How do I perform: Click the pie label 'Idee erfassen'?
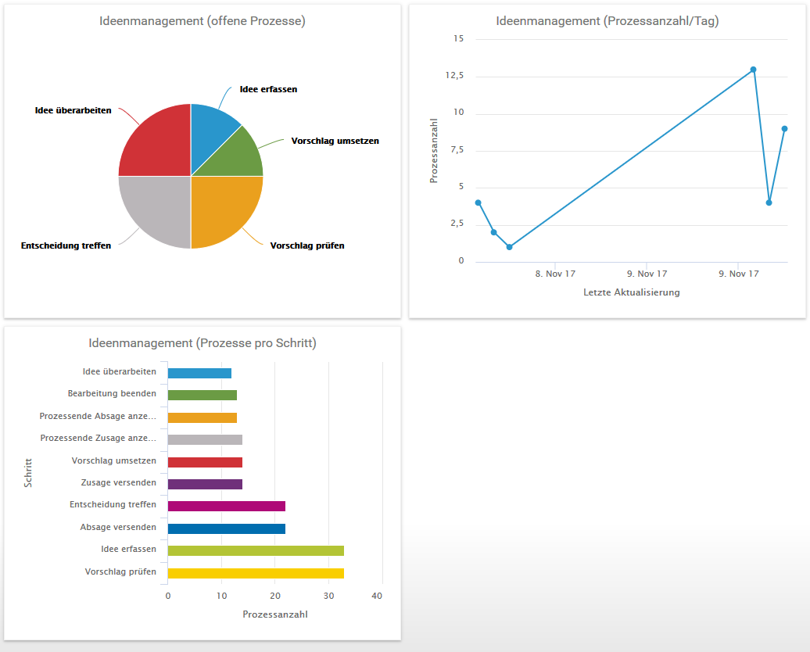268,89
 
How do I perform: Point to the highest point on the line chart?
753,70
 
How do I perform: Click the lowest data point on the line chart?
509,247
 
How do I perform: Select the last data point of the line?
784,128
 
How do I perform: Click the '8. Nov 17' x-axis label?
555,274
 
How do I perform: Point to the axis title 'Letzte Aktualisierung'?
631,292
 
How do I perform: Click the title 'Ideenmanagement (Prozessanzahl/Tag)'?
607,21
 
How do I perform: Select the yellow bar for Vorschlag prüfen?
256,573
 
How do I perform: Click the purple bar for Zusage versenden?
205,484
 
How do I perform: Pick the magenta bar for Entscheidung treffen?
227,506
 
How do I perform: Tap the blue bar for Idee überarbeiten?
199,373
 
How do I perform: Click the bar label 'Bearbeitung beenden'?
112,393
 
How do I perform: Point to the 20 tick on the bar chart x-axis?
274,596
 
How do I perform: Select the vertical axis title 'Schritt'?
28,473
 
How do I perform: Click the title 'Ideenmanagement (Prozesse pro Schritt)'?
202,343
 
